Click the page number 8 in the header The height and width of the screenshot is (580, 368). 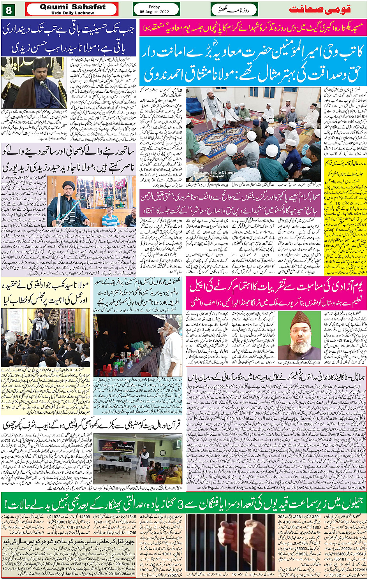[9, 9]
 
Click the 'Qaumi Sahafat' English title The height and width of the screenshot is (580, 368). [72, 7]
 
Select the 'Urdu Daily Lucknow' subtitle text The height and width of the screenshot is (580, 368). [72, 13]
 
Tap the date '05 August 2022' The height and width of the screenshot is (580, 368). [155, 12]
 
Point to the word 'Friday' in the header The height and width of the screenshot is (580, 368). [154, 7]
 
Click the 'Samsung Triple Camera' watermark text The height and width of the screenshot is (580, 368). [213, 172]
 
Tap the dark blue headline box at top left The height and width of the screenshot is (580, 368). [69, 40]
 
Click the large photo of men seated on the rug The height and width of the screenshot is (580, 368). [253, 134]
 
